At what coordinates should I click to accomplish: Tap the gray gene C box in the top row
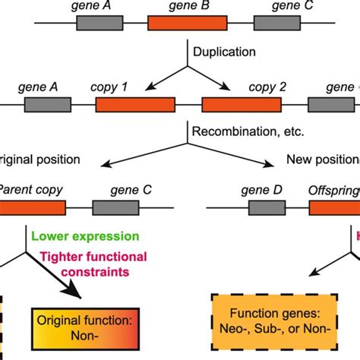[276, 23]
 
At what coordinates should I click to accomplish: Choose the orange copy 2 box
[241, 104]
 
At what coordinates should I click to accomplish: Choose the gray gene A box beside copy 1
[48, 104]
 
